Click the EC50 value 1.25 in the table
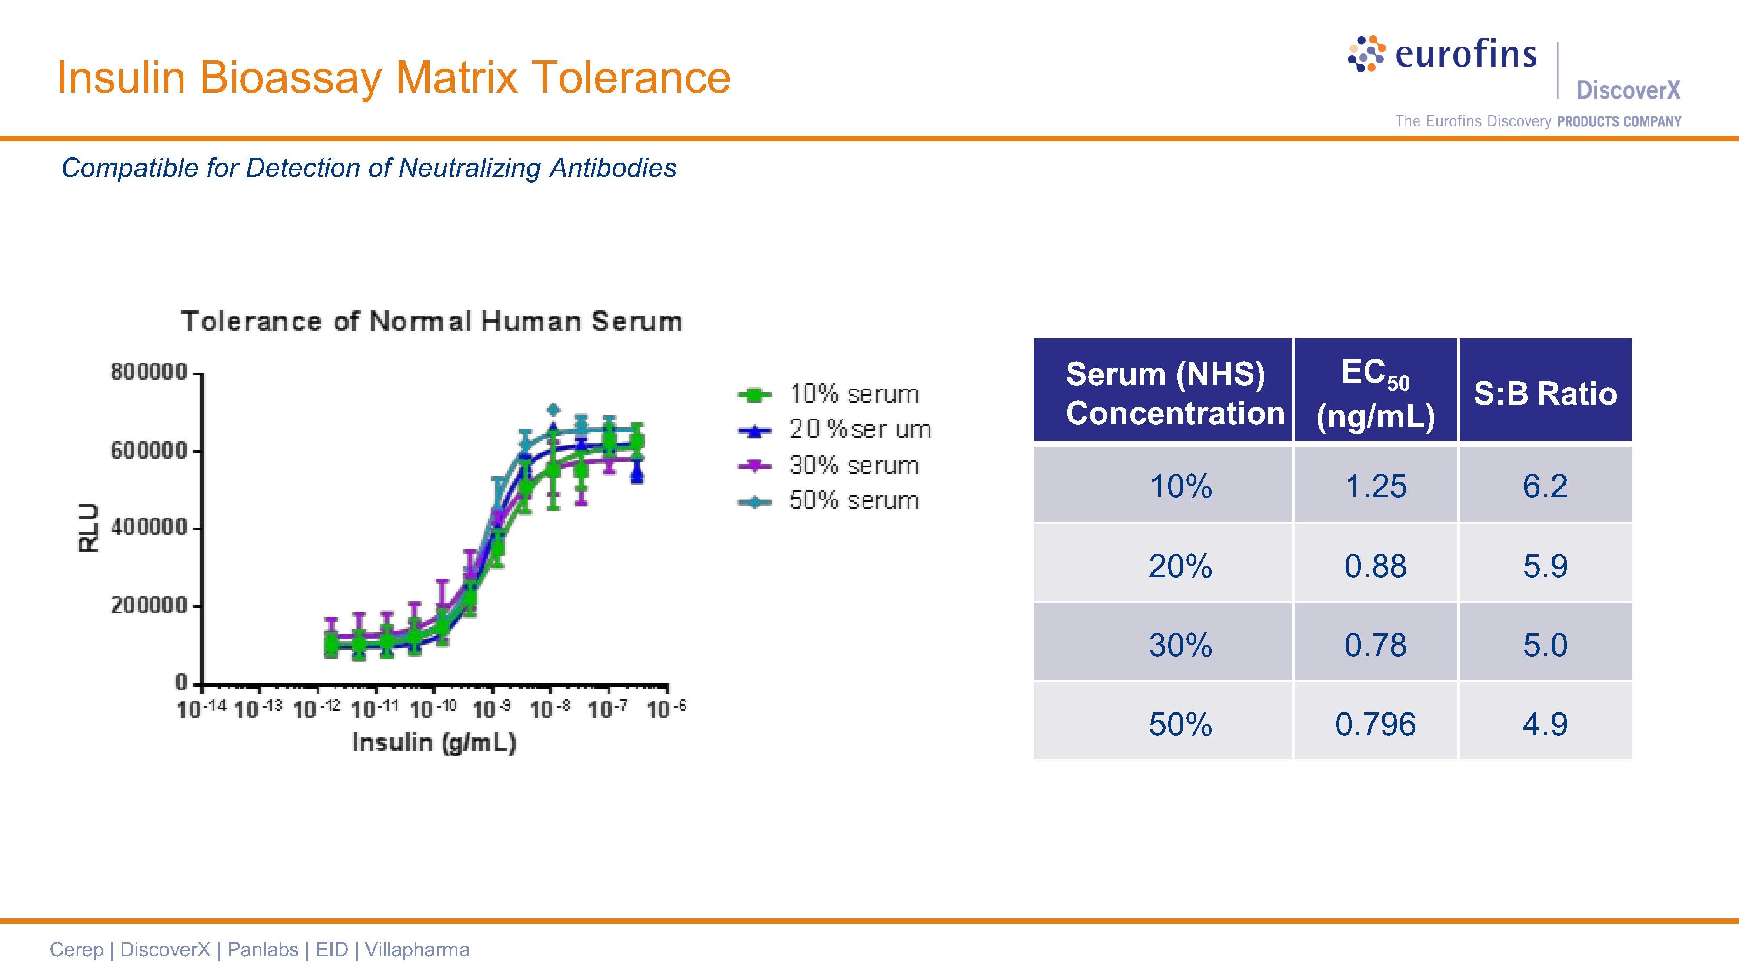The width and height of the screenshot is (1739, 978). point(1375,486)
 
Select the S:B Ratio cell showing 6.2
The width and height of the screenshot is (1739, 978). point(1545,486)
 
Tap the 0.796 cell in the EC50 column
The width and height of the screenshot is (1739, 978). point(1375,724)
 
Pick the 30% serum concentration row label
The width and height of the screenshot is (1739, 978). point(1180,645)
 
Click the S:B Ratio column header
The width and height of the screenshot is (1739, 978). point(1545,393)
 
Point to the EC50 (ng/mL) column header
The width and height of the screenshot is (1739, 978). point(1375,393)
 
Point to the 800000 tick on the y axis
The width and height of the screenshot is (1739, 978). point(149,372)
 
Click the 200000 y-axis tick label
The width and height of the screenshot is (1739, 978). point(149,605)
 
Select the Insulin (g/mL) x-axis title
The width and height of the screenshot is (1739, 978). point(434,742)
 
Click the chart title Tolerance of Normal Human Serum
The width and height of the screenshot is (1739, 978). point(432,321)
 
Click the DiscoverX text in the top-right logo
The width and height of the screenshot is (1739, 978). point(1628,90)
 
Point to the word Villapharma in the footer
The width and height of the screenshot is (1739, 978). point(416,950)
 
